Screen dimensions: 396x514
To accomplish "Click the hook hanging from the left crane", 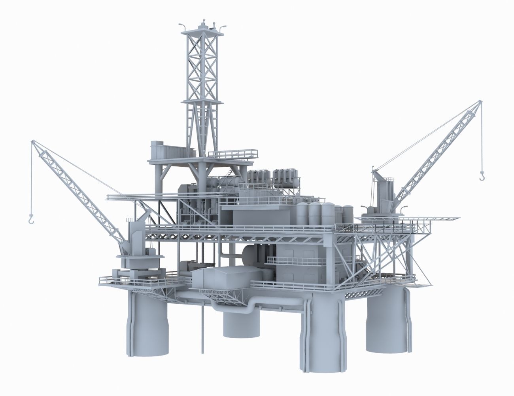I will (x=30, y=218).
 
